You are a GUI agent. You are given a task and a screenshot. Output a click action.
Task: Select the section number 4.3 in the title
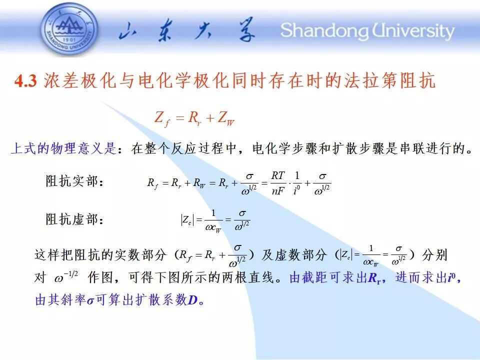[x=25, y=81]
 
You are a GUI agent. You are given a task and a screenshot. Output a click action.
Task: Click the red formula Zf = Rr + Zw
[x=194, y=119]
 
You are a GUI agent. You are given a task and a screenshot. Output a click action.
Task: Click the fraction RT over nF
[x=278, y=183]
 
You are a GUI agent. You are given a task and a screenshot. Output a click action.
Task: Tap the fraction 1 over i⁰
[x=296, y=183]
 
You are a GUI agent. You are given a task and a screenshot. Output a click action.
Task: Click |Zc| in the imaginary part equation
[x=187, y=220]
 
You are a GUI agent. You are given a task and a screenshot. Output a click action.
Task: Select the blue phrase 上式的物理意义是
[x=63, y=148]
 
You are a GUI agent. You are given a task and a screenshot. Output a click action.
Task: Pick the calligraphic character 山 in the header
[x=129, y=30]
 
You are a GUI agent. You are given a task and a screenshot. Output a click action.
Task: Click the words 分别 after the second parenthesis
[x=434, y=255]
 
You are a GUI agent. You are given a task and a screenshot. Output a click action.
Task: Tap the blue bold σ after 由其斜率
[x=90, y=301]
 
